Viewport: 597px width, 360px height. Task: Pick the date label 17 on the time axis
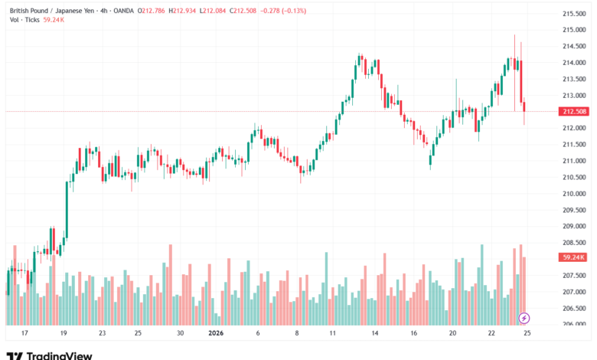[24, 334]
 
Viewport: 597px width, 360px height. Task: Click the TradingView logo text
[60, 355]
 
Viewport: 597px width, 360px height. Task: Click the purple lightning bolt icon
[524, 317]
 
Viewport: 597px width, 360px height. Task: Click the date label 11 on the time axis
[333, 334]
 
